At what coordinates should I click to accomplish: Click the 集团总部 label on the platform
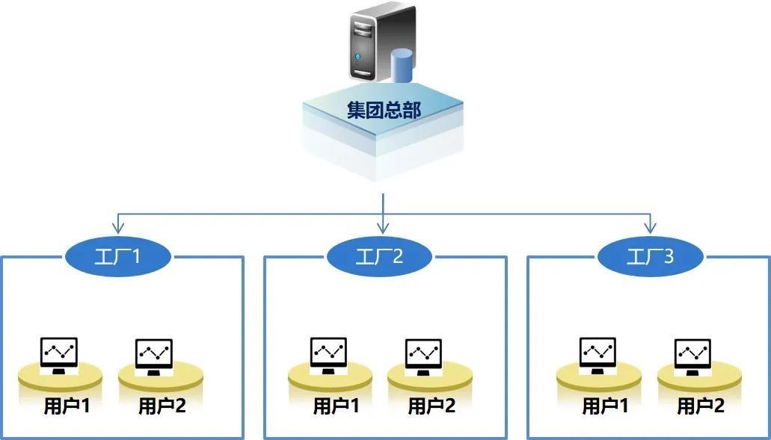384,111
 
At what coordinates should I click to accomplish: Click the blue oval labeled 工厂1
118,257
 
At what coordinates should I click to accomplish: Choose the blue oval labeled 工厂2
379,257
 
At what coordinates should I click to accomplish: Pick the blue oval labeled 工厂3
650,257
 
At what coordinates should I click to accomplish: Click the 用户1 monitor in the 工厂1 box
60,354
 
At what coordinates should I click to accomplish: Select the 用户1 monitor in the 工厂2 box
328,354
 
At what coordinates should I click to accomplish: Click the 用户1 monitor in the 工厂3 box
598,354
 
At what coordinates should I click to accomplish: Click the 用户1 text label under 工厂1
67,407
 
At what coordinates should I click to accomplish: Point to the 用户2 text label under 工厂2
431,407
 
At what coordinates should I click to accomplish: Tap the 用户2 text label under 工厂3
701,407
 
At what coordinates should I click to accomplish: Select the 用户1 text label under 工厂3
606,407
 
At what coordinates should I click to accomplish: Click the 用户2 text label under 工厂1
162,407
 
